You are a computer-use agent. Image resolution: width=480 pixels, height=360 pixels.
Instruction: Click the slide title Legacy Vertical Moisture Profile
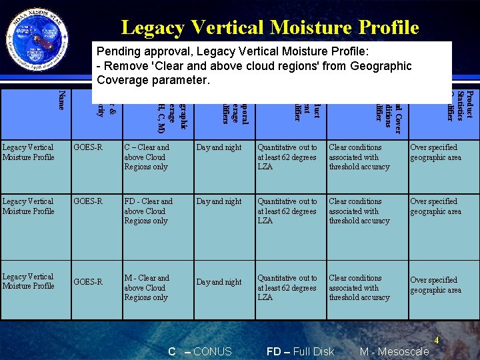270,27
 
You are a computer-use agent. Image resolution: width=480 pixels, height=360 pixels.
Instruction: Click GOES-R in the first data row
89,147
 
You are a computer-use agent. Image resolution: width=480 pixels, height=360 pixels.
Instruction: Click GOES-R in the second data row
89,201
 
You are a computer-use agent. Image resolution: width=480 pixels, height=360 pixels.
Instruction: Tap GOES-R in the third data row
89,282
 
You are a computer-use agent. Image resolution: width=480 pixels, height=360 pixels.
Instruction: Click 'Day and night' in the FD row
219,201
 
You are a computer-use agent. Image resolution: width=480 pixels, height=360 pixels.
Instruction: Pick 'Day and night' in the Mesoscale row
219,282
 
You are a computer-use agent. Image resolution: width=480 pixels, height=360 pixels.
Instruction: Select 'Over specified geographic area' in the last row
435,285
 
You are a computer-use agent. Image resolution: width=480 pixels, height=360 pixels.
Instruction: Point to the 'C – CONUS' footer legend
200,351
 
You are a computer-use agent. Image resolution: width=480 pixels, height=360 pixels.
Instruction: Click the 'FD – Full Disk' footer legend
300,351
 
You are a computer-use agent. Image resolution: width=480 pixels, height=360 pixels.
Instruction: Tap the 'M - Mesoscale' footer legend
394,351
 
